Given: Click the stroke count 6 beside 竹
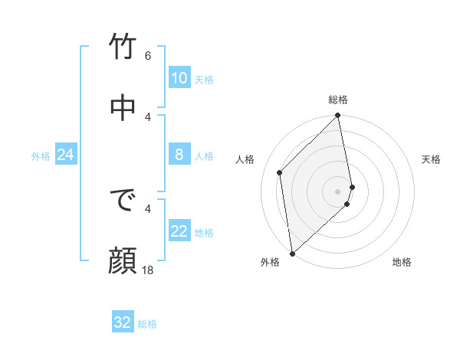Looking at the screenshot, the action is [148, 56].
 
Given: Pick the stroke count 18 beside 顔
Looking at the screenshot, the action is [148, 270].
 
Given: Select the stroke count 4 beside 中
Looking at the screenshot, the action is [148, 116].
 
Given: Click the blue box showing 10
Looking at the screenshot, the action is [179, 78].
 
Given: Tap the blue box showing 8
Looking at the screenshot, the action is [179, 155].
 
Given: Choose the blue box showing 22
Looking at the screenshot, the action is [179, 231].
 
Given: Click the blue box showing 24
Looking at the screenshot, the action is [65, 155].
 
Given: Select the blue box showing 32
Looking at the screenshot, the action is [123, 322].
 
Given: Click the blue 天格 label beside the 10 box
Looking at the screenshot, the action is [203, 79].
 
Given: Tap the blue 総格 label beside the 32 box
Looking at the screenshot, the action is [147, 324].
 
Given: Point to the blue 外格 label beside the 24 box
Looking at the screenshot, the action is [41, 156].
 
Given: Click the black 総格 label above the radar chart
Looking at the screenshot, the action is [338, 100].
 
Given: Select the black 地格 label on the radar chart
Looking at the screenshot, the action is [402, 262].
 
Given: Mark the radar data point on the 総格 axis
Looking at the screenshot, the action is [338, 116].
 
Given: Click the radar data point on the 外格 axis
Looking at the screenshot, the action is [291, 253].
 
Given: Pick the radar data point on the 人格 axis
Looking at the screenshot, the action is [280, 172].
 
